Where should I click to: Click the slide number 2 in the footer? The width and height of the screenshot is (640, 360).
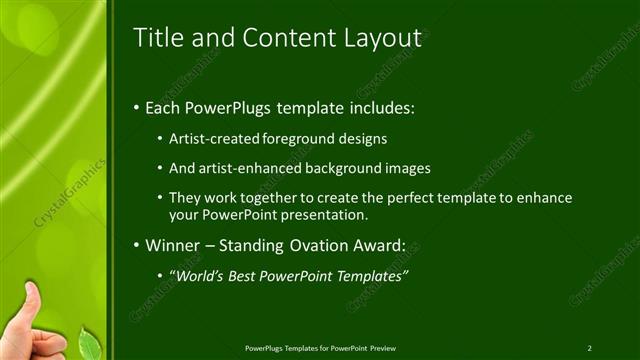click(590, 348)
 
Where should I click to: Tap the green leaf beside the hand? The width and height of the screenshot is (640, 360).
click(89, 344)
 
